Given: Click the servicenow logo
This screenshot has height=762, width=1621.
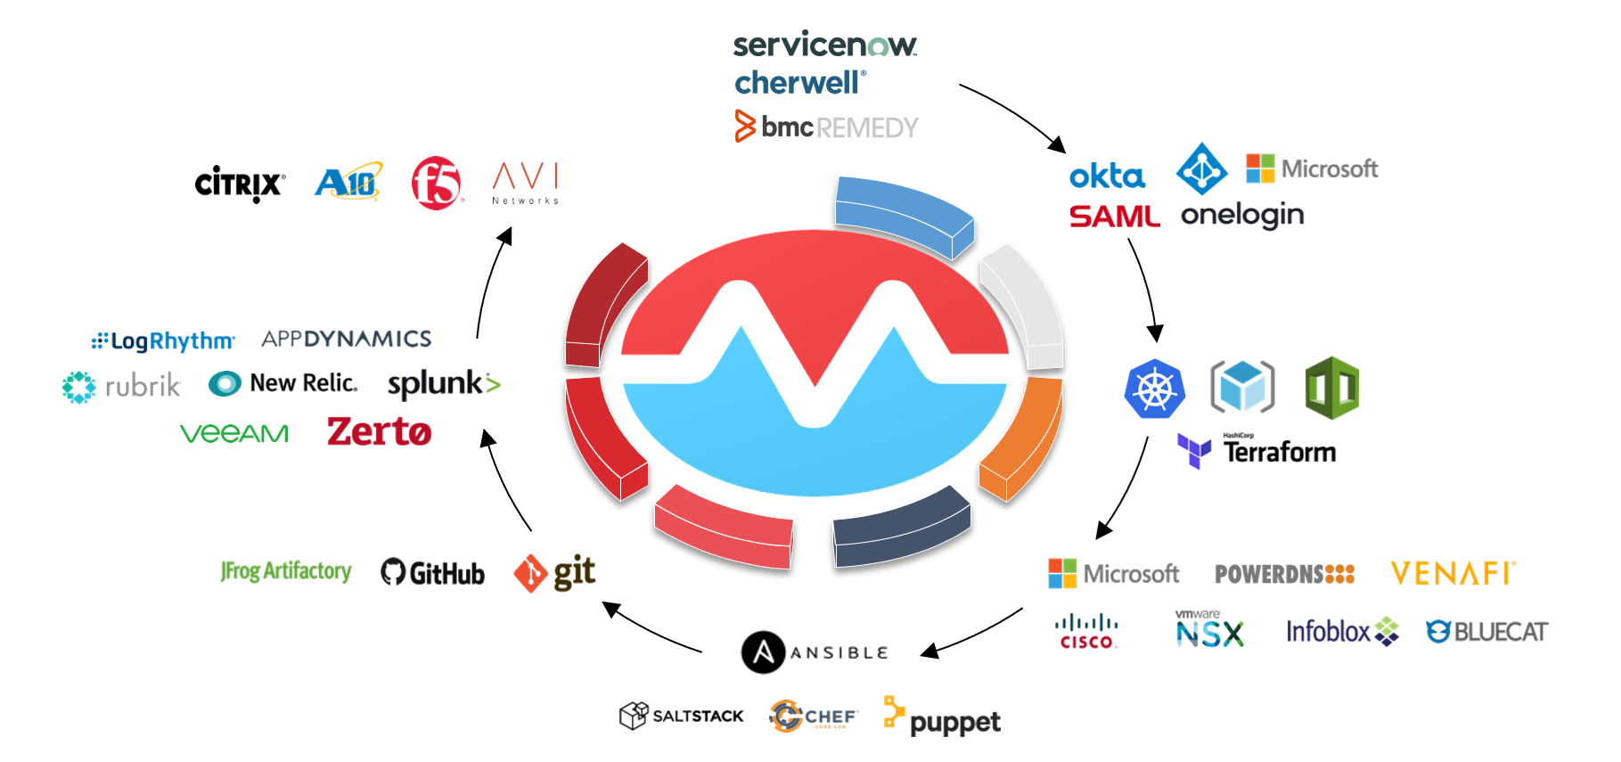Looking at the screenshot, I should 824,44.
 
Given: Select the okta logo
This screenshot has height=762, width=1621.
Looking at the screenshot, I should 1107,176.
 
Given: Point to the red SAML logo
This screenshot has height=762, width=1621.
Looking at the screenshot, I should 1114,217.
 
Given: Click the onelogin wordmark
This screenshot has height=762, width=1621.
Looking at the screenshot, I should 1242,216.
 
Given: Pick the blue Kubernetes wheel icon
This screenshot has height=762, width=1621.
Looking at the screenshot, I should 1154,389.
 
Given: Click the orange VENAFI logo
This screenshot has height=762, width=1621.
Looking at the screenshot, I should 1453,573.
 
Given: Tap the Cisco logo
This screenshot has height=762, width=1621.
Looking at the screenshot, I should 1085,631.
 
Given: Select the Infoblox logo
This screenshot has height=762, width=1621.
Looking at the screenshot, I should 1341,631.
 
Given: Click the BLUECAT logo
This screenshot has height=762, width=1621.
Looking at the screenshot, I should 1486,632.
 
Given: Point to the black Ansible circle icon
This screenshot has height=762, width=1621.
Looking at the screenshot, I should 763,652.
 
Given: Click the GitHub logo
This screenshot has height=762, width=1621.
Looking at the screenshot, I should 433,572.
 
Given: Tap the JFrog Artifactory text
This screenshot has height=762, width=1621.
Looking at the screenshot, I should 286,570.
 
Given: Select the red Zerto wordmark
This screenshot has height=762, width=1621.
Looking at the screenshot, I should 379,432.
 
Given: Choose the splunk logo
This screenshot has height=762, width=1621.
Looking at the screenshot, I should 444,384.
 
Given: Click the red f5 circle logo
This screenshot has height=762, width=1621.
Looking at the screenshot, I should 437,183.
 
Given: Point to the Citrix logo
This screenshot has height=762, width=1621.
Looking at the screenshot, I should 240,184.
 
